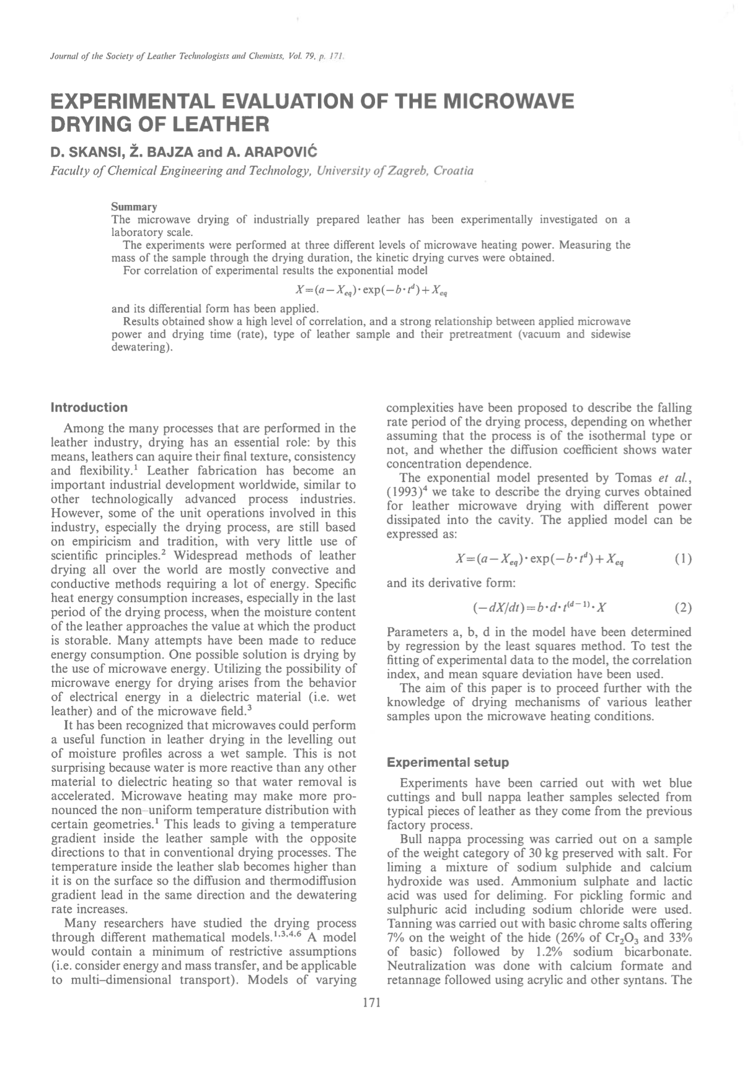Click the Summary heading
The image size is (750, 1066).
(134, 206)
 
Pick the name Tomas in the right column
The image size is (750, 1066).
(633, 478)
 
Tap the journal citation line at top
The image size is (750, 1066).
(195, 57)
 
